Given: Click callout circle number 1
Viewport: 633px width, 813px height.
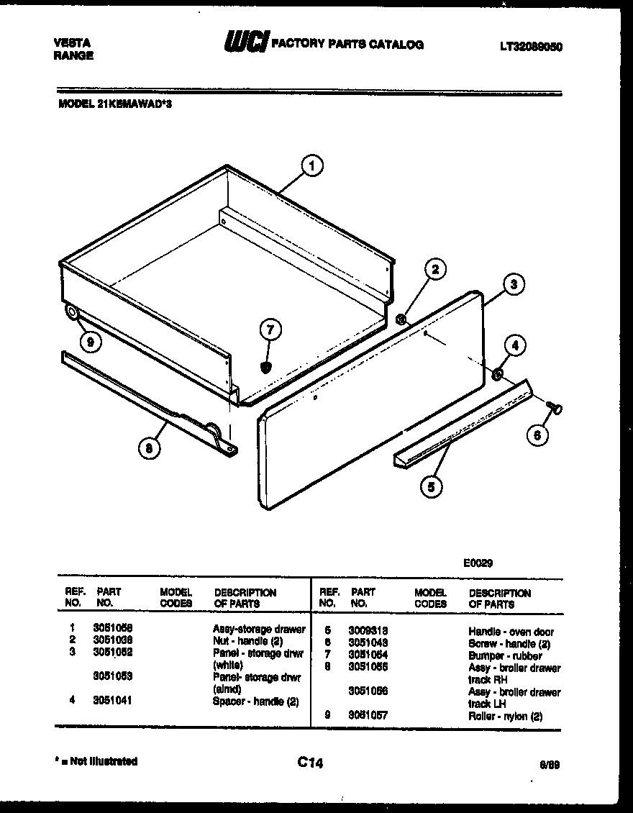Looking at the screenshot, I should pos(311,167).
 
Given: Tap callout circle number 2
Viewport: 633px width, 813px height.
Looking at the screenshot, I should pos(434,271).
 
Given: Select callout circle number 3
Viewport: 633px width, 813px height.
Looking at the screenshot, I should pos(512,284).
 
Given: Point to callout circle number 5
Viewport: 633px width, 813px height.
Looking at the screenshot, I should pos(431,487).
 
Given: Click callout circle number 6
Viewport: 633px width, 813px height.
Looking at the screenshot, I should pos(537,435).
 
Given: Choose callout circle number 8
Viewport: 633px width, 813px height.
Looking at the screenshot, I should pos(149,448).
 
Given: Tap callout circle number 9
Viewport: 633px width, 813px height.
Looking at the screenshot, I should pos(89,342).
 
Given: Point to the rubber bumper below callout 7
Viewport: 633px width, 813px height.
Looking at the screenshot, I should pos(266,367).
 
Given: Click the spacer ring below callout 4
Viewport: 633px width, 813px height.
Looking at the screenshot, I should pos(497,374).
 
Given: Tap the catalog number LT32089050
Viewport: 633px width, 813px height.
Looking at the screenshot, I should pos(531,46).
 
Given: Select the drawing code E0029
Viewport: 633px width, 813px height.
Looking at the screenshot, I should pos(478,564).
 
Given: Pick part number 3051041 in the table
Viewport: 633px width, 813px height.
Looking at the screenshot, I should pos(111,700).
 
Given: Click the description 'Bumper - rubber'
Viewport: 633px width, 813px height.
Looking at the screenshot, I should pos(505,656).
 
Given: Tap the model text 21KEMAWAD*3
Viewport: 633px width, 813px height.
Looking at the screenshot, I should pos(134,104).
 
